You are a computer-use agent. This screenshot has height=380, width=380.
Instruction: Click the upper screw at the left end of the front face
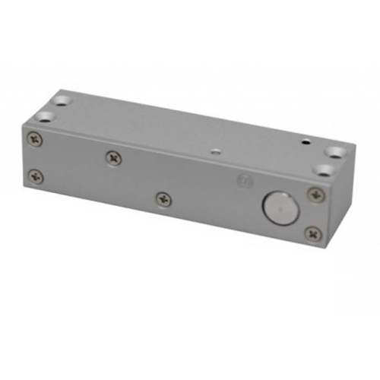point(35,139)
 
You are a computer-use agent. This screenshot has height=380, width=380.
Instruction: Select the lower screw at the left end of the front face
point(36,176)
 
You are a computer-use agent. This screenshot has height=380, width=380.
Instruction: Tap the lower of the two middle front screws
point(163,199)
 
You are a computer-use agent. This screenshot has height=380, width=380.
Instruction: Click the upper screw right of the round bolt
point(315,195)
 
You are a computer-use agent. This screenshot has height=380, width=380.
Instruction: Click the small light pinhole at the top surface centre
point(216,151)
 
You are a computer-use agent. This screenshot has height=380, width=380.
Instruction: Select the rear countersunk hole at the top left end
point(62,99)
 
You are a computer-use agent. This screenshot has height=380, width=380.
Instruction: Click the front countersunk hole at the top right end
point(325,169)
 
